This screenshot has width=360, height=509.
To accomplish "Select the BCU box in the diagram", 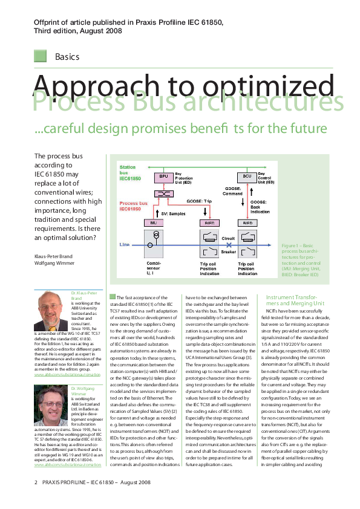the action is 247,176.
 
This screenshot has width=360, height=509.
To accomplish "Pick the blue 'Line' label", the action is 125,244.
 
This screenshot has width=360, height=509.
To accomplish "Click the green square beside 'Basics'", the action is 41,56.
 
